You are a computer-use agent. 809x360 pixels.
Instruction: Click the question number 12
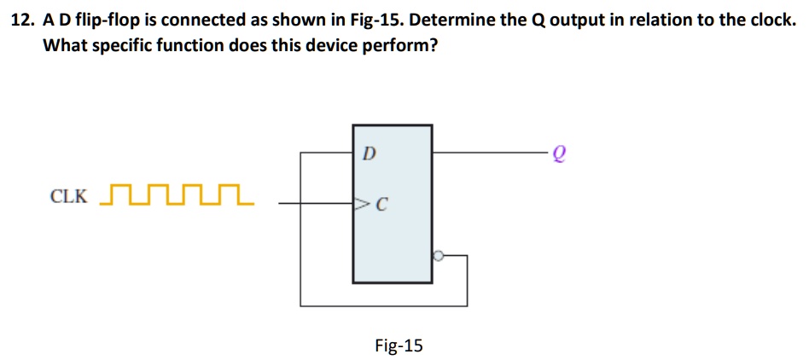coord(21,20)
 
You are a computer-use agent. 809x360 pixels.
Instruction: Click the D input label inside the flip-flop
coord(369,154)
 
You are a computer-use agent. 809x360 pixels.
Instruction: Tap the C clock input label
coord(382,205)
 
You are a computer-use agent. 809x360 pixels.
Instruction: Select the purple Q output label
coord(559,154)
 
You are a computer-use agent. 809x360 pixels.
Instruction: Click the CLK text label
coord(68,196)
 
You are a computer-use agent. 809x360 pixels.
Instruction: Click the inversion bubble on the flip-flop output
coord(437,254)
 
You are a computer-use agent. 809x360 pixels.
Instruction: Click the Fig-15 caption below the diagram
coord(399,345)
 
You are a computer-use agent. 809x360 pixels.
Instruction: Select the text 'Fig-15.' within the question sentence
coord(378,20)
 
